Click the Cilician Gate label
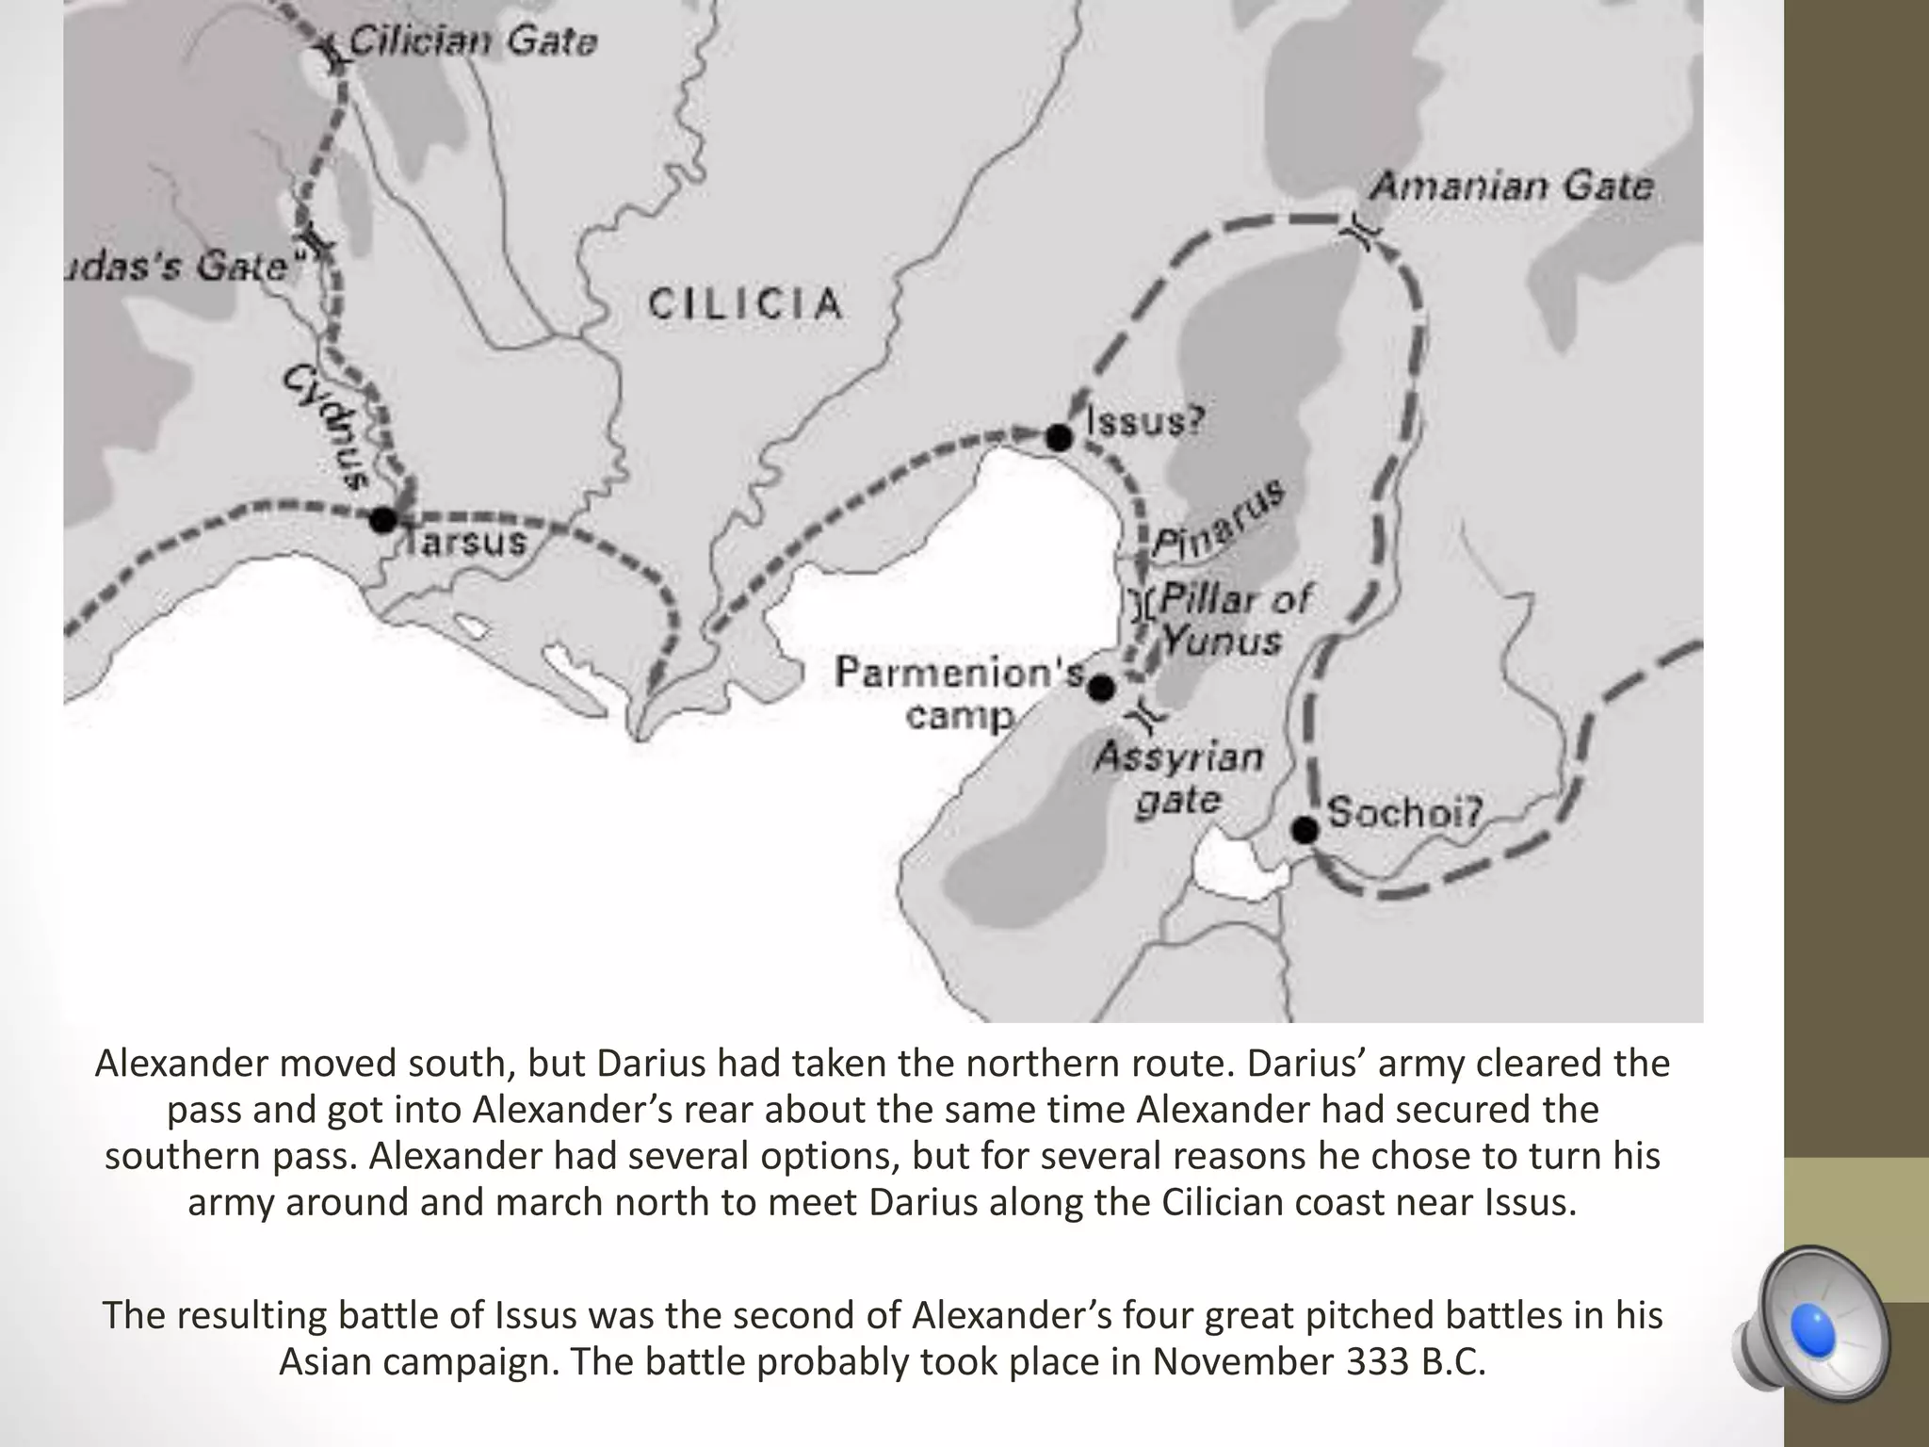click(473, 42)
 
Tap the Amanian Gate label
click(1511, 187)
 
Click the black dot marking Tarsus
click(383, 519)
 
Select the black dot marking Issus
click(1060, 438)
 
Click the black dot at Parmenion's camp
click(1101, 689)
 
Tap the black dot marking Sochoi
click(1305, 830)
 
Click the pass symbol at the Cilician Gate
click(333, 52)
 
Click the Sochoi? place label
click(1404, 812)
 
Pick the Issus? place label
click(1145, 421)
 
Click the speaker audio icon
click(1810, 1330)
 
